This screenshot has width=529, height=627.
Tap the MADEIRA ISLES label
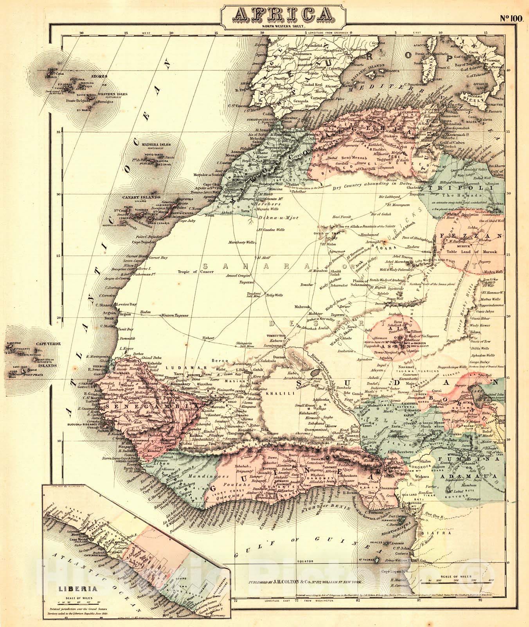[156, 145]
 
